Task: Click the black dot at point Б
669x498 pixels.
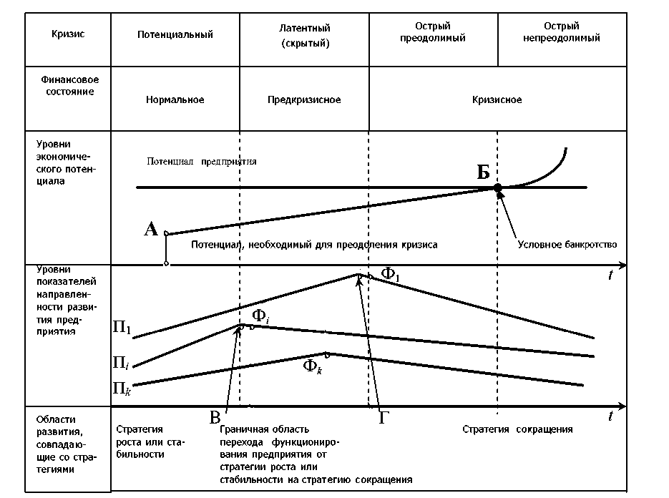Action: pos(498,187)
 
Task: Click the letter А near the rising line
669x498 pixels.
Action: pos(151,229)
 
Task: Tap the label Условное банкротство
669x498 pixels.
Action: pos(567,244)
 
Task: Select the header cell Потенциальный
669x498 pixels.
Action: pos(175,34)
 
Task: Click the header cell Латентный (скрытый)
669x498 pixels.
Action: pos(305,35)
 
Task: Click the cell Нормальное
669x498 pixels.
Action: pos(175,100)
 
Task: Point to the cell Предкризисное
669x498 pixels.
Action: pos(305,100)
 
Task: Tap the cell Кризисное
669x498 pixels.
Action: pos(497,100)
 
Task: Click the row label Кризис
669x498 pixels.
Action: pos(68,34)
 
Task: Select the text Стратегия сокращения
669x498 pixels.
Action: pos(517,430)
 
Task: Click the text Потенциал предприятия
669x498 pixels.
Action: pos(202,162)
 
